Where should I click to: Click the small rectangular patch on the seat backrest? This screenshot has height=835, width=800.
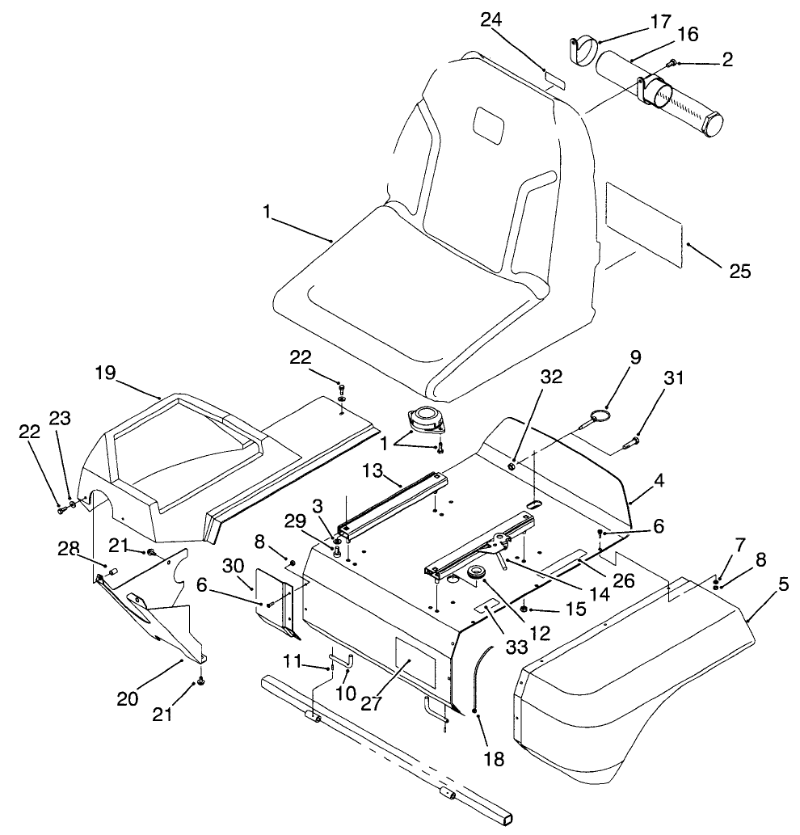click(x=488, y=124)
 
